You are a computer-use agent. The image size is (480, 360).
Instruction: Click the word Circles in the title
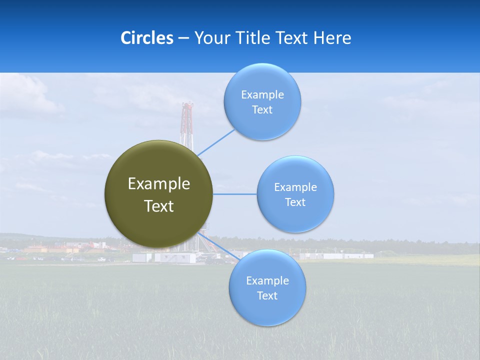[147, 38]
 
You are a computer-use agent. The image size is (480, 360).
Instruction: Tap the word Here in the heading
[332, 38]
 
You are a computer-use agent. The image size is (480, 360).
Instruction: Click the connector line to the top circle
[216, 142]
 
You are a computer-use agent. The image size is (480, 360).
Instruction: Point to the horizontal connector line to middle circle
[235, 194]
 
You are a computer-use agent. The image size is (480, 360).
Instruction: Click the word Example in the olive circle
[158, 183]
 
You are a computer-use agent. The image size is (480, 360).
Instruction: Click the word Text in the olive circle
[158, 206]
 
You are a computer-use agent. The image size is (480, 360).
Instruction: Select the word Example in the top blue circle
[262, 94]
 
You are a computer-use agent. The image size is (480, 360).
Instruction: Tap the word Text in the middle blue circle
[295, 202]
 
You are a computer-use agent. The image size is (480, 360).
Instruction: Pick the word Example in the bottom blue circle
[267, 280]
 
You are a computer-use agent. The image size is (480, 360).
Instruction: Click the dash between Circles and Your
[183, 38]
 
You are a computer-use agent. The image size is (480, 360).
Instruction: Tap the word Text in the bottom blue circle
[267, 295]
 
